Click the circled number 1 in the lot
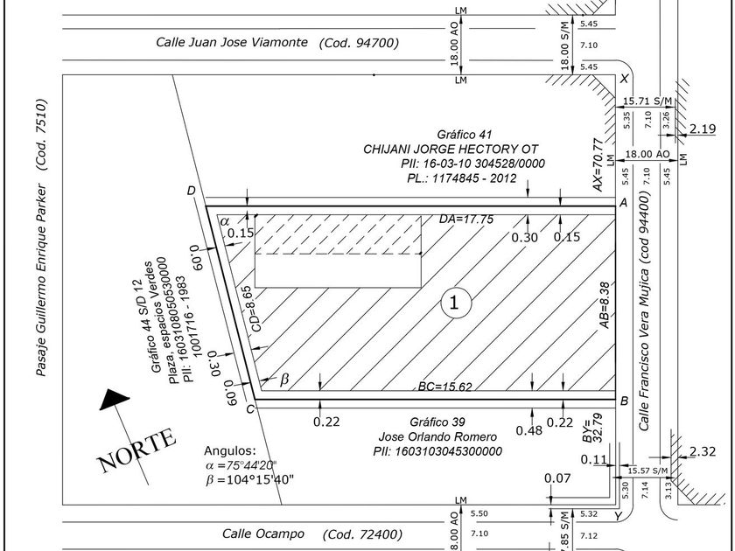pyautogui.click(x=454, y=303)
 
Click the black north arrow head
pyautogui.click(x=115, y=401)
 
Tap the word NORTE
pyautogui.click(x=138, y=450)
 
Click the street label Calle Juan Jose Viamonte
pyautogui.click(x=232, y=42)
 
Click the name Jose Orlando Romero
pyautogui.click(x=437, y=436)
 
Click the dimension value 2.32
pyautogui.click(x=703, y=452)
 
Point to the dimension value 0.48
pyautogui.click(x=528, y=430)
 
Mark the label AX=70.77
pyautogui.click(x=598, y=165)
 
